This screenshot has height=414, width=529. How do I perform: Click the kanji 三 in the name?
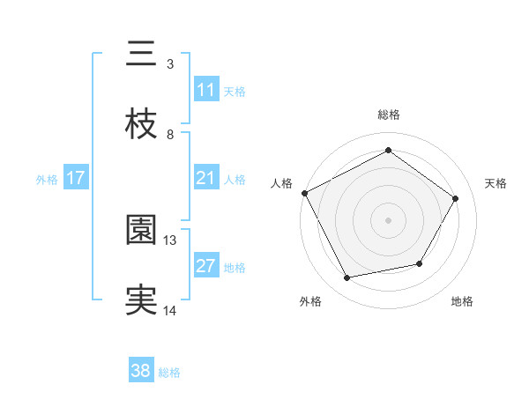coord(141,54)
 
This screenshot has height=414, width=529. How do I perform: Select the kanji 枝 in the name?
coord(141,125)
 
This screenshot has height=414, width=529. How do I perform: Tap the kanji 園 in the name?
coord(141,231)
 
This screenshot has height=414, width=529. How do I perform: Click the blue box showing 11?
coord(205,90)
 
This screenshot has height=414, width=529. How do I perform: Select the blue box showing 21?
coord(205,178)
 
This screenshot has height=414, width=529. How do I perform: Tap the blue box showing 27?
coord(205,266)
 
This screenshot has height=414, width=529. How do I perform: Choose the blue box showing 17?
coord(76,178)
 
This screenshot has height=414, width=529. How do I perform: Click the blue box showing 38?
coord(141,372)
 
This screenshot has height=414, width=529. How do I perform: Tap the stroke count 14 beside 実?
coord(170,310)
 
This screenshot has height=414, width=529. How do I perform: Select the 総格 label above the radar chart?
coord(389,115)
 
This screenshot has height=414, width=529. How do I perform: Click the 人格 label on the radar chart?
coord(282,183)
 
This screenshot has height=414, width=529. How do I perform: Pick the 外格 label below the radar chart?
coord(310,301)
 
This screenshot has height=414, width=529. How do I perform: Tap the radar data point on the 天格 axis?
coord(455,198)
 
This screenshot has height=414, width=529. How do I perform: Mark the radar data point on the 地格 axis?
coord(420,263)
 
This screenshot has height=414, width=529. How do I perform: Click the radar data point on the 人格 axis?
coord(304,193)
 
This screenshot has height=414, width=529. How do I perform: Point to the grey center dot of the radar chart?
coord(388,219)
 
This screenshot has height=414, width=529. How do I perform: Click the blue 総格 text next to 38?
coord(169,373)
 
